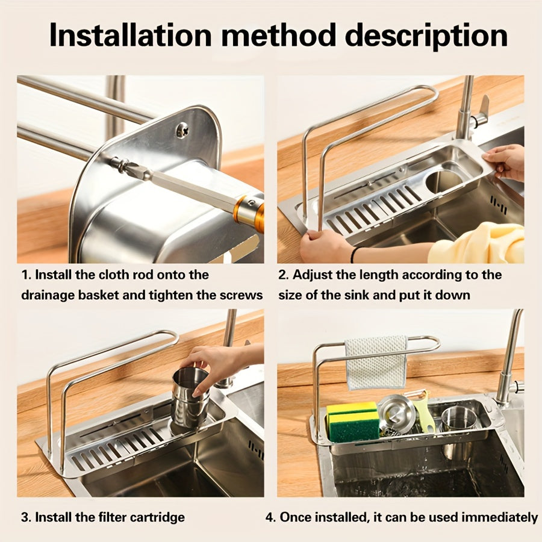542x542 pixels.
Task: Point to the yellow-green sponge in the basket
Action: pyautogui.click(x=353, y=422)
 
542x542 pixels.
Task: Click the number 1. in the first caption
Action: pyautogui.click(x=26, y=275)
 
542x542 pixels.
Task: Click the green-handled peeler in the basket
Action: pyautogui.click(x=425, y=411)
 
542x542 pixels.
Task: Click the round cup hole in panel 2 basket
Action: pyautogui.click(x=445, y=179)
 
